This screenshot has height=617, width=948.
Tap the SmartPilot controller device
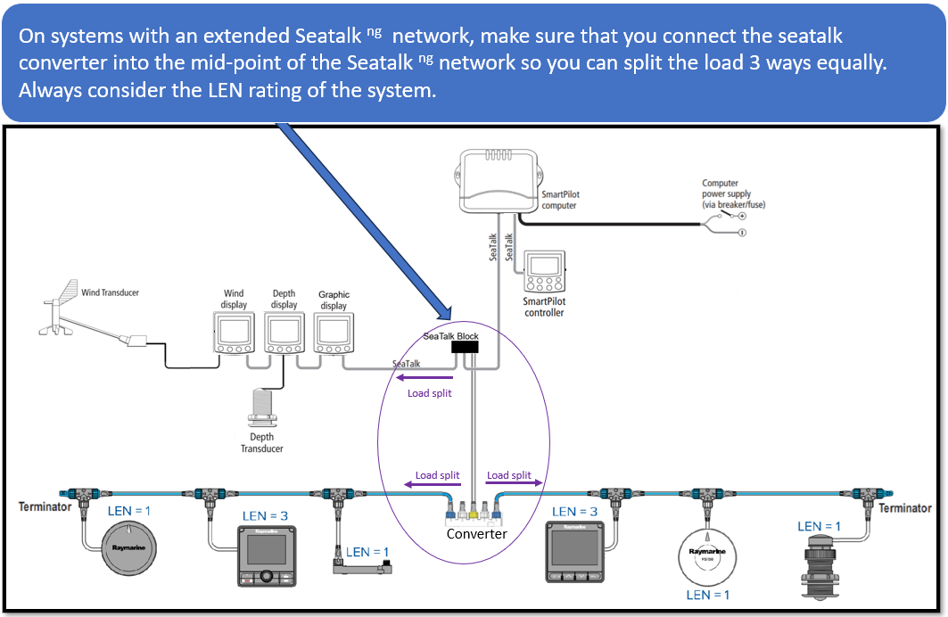coord(543,273)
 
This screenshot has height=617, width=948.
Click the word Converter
coord(476,533)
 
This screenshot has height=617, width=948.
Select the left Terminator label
coord(45,507)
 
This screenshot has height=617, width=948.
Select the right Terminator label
coord(905,508)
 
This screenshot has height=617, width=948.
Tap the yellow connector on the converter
coord(474,512)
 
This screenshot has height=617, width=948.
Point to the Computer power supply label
coord(726,194)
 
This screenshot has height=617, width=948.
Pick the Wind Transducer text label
coord(110,292)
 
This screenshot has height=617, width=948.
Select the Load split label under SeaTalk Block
coord(430,392)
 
